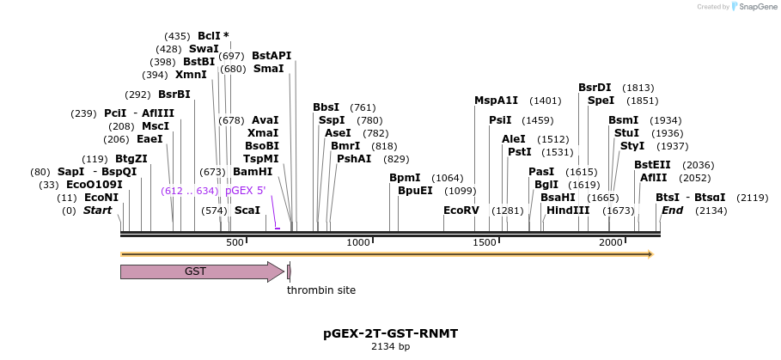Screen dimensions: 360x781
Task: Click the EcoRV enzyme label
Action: point(461,211)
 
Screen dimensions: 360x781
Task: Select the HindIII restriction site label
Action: point(568,211)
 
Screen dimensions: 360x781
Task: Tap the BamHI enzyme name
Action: point(253,172)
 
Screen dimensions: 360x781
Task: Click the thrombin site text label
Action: point(321,290)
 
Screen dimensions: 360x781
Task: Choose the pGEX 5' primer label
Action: point(245,191)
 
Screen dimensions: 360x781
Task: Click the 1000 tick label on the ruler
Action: point(358,243)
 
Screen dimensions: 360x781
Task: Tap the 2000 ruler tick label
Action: point(611,243)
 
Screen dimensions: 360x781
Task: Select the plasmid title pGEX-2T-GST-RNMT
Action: point(390,333)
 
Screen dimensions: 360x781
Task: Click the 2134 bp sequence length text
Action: point(390,347)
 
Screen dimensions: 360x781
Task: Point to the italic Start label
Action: point(97,211)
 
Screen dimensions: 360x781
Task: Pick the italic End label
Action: point(673,211)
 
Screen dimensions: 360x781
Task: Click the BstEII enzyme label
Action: point(652,165)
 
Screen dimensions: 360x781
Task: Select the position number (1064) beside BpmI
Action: point(447,178)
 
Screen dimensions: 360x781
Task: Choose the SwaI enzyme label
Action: point(204,49)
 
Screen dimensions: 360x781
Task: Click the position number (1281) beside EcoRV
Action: point(507,211)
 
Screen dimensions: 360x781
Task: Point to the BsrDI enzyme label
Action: point(595,88)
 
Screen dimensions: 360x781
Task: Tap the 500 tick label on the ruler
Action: point(235,243)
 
